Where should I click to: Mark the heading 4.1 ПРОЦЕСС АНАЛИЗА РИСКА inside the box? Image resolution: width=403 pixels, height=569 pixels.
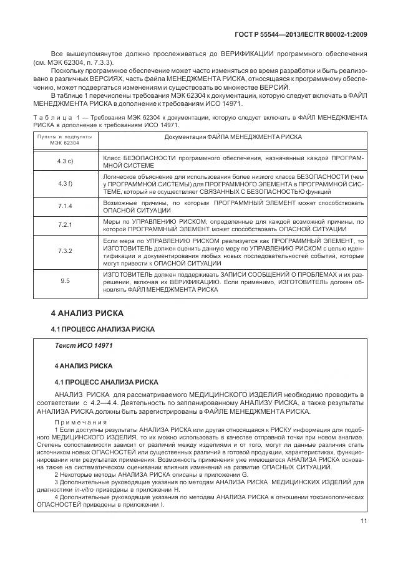click(98, 381)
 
